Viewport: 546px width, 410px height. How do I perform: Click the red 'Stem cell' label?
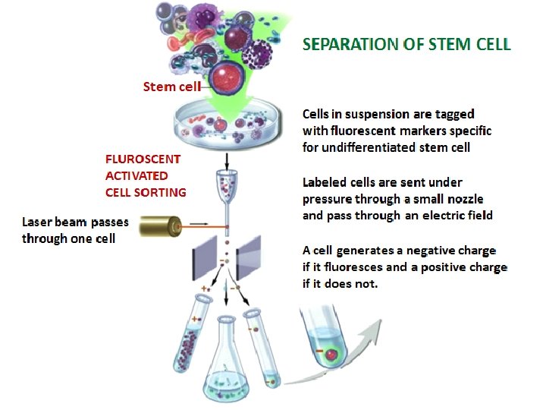point(171,86)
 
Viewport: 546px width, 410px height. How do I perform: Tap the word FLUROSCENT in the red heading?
point(143,159)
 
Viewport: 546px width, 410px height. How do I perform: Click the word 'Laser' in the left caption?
point(38,222)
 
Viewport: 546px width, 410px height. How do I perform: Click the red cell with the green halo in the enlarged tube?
point(331,352)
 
